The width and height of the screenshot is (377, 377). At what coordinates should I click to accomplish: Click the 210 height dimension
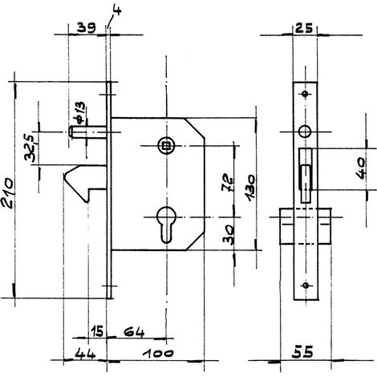click(7, 193)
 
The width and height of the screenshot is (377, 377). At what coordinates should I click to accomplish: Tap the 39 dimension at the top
click(86, 28)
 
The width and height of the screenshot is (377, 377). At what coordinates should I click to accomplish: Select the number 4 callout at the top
click(117, 10)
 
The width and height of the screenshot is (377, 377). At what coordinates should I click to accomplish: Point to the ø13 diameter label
click(80, 113)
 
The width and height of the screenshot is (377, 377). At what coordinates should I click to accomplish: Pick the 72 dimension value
click(228, 183)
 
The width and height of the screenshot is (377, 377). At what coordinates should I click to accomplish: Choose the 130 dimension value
click(250, 188)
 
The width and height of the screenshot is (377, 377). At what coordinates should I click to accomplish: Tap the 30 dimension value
click(229, 235)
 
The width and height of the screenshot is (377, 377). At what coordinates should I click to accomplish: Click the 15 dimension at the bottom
click(96, 331)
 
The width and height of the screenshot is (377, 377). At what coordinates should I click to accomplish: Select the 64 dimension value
click(134, 332)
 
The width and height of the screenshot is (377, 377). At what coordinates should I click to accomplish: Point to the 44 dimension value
click(85, 355)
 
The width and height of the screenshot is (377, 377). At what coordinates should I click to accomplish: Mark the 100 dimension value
click(158, 354)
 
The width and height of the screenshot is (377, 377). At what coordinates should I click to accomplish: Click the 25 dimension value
click(304, 28)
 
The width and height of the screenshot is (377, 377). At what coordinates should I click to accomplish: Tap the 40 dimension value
click(362, 168)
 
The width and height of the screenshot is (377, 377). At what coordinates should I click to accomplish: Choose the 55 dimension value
click(302, 352)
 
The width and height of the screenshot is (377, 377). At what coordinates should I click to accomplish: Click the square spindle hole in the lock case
click(166, 146)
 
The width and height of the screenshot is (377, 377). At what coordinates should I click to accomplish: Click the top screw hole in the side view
click(305, 94)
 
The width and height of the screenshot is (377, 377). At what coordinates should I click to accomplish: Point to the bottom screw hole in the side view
click(306, 285)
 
